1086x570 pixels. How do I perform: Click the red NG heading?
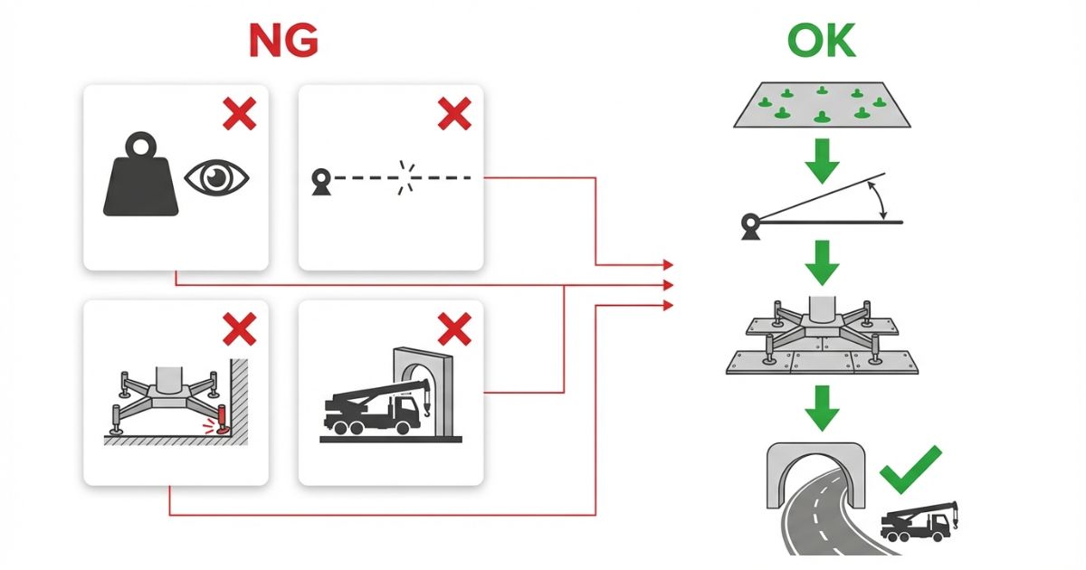282,42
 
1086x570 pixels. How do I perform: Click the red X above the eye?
239,114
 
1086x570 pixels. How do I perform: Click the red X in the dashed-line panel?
454,114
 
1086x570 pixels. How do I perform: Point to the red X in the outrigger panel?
239,330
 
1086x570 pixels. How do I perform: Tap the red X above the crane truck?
454,330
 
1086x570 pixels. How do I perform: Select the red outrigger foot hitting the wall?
221,422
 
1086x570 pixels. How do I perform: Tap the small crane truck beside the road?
919,522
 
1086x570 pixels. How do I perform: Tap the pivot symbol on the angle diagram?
750,225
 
